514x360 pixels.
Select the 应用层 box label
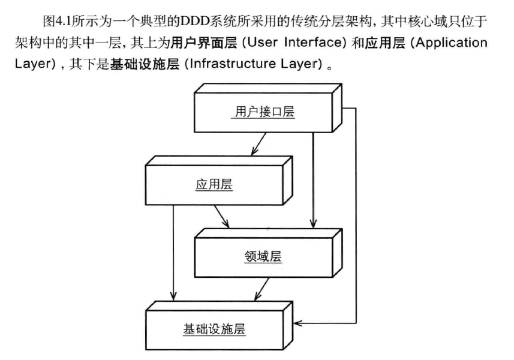pos(214,185)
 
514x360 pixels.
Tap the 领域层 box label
pos(263,257)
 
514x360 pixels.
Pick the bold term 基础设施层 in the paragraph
pos(144,64)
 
